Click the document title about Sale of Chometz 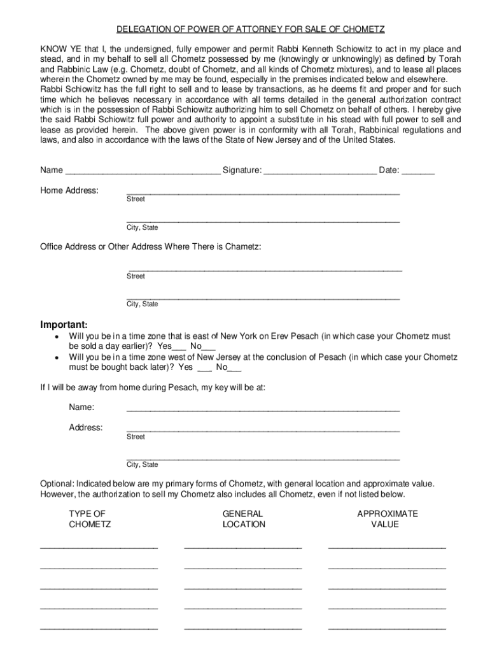[x=250, y=30]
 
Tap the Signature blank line [x=319, y=171]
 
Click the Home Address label [x=69, y=190]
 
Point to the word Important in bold [x=64, y=323]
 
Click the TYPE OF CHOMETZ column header [x=90, y=519]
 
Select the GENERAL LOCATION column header [x=244, y=519]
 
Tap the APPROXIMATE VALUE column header [x=387, y=519]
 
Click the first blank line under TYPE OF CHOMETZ [x=99, y=547]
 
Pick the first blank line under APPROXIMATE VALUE [x=387, y=547]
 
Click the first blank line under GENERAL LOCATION [x=243, y=547]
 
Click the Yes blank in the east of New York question [x=179, y=348]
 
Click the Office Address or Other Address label [x=150, y=246]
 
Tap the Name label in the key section [x=81, y=407]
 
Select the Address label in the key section [x=86, y=428]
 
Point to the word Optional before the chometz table [x=57, y=484]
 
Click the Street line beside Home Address [x=263, y=192]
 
